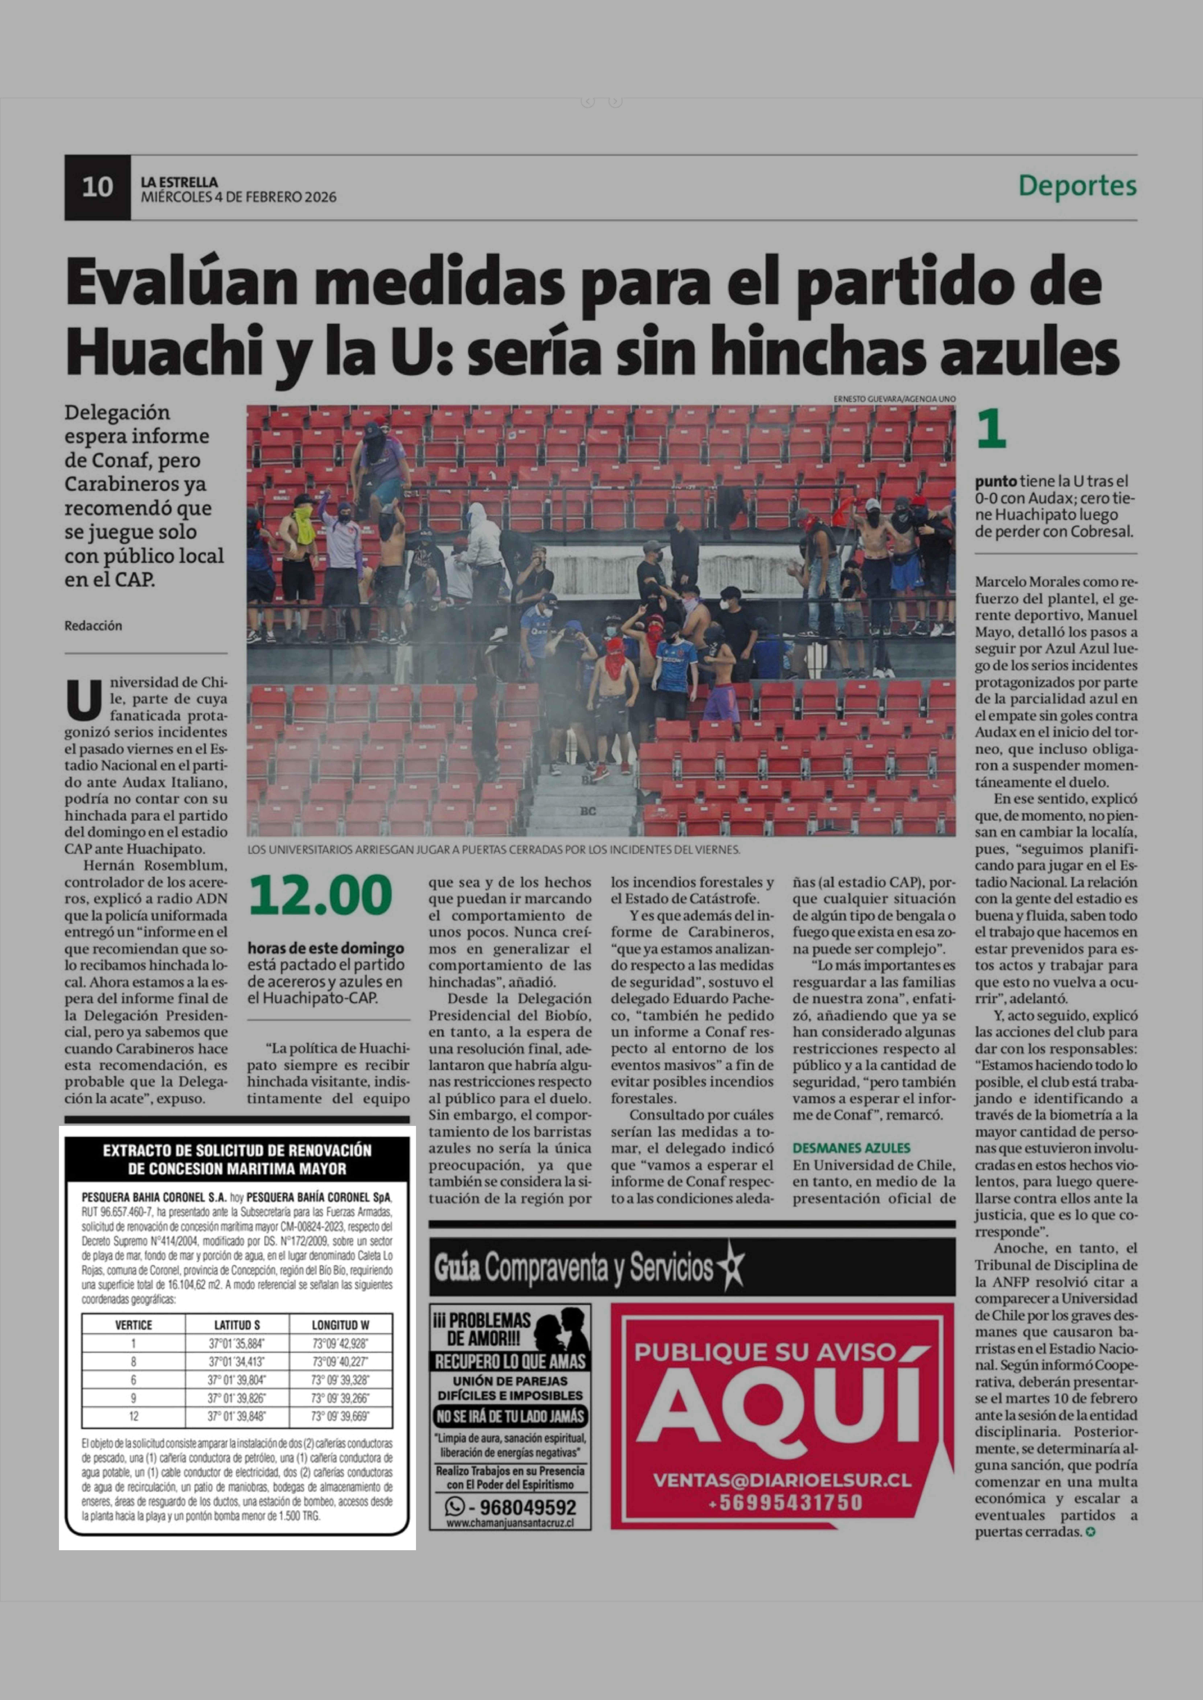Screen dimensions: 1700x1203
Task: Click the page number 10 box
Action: click(x=97, y=187)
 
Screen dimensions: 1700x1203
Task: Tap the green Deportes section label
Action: click(x=1077, y=185)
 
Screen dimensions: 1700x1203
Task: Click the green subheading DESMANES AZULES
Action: click(x=851, y=1148)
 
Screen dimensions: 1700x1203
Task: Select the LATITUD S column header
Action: click(x=237, y=1325)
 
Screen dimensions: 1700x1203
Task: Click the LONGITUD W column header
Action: click(x=341, y=1325)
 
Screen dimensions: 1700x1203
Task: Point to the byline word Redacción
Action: click(x=93, y=626)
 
